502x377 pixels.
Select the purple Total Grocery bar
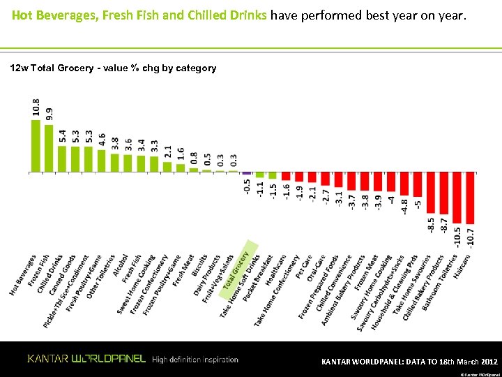click(x=247, y=172)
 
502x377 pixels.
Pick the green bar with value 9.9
click(x=49, y=148)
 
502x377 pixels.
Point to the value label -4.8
click(x=404, y=207)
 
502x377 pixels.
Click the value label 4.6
click(x=102, y=139)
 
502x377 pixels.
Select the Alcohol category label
click(x=119, y=266)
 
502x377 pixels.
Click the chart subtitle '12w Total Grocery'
click(x=112, y=68)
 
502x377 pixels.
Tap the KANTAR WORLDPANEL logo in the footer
click(x=86, y=359)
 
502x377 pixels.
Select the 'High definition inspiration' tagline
click(x=195, y=360)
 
